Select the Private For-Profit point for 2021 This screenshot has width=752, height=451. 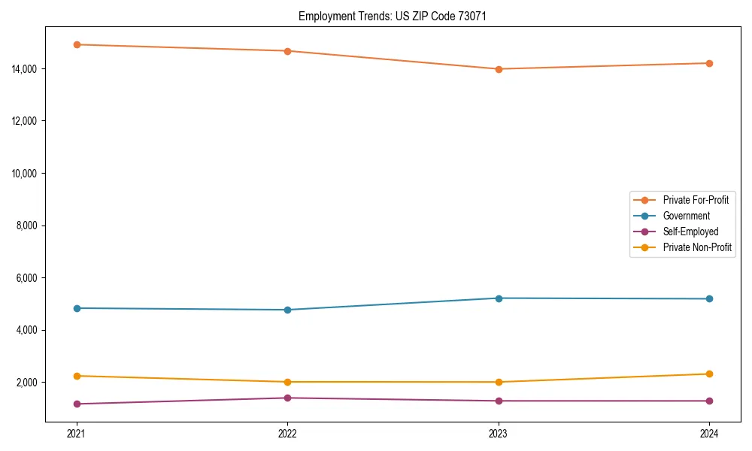[76, 44]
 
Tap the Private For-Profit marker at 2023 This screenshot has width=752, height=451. [499, 69]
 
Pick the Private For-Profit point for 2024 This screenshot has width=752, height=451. [710, 63]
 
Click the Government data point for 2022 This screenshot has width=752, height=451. [287, 310]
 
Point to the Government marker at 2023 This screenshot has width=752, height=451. [499, 298]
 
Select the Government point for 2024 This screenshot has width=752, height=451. [710, 299]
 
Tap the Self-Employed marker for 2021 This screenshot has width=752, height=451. [76, 404]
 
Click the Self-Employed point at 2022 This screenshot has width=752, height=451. [287, 398]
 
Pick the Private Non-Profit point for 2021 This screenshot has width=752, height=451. [76, 376]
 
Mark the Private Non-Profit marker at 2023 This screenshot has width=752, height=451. [499, 382]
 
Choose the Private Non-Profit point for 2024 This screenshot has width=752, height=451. [710, 374]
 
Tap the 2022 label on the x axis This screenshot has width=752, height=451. [287, 434]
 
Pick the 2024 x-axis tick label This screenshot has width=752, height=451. [710, 434]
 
